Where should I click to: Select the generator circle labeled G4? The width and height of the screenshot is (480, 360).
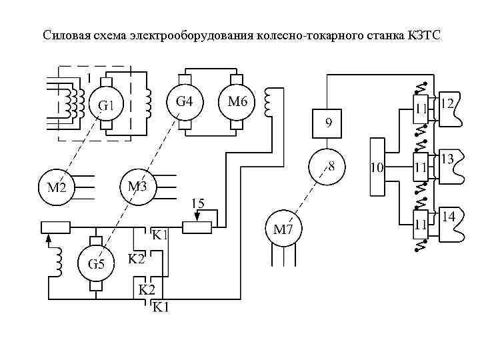[x=185, y=103]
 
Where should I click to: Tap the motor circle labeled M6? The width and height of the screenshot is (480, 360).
[x=237, y=103]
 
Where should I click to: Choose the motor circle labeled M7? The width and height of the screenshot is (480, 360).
[x=284, y=229]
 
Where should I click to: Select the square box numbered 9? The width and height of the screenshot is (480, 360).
[x=328, y=123]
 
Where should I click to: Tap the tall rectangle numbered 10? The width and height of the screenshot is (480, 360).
[x=377, y=167]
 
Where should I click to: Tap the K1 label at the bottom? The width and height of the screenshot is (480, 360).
[x=161, y=307]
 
